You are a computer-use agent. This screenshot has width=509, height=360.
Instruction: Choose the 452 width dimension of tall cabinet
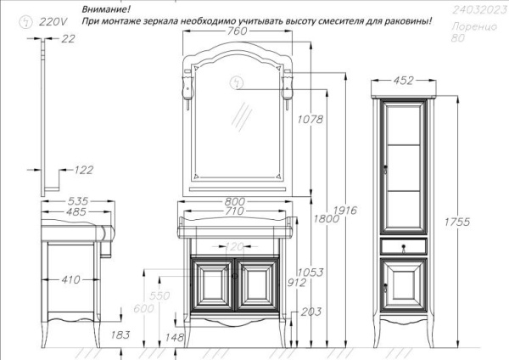(405, 82)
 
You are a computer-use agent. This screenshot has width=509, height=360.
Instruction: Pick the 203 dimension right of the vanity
(310, 312)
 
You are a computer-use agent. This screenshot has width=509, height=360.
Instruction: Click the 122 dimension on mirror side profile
(83, 170)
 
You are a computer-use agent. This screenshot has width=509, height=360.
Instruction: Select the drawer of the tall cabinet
(405, 246)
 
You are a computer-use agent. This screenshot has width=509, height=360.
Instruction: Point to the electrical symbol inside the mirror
(234, 82)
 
